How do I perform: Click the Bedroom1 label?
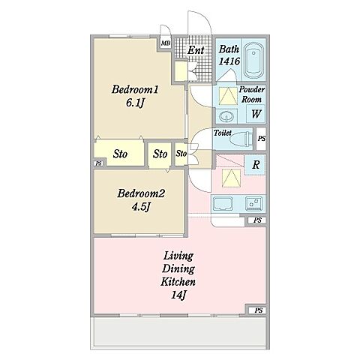click(x=135, y=89)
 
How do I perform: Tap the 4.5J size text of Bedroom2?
click(x=141, y=207)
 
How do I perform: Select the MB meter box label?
click(x=166, y=43)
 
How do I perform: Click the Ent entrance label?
click(x=196, y=50)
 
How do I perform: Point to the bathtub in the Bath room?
click(x=253, y=61)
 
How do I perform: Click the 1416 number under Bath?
click(x=229, y=61)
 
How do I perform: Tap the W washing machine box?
click(x=256, y=114)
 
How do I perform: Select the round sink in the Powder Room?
click(x=226, y=116)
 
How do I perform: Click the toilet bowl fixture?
click(x=241, y=138)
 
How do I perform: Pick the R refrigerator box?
click(x=256, y=165)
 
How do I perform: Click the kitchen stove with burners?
click(x=253, y=202)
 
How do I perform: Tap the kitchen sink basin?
click(x=222, y=203)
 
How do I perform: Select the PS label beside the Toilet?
click(x=262, y=138)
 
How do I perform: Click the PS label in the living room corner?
click(x=259, y=310)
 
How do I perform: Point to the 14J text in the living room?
click(x=178, y=295)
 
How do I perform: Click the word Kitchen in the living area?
click(x=178, y=282)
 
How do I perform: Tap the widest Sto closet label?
click(x=120, y=154)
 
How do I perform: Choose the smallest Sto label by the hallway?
click(x=181, y=153)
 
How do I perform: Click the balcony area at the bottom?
click(x=179, y=331)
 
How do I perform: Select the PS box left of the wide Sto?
click(x=99, y=163)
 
